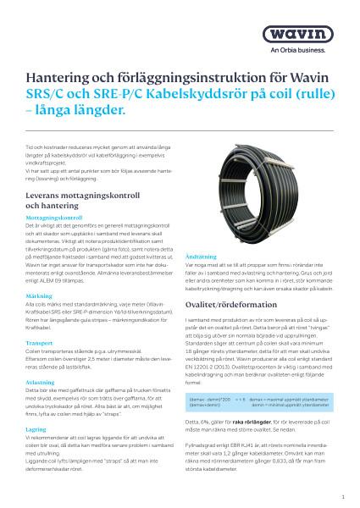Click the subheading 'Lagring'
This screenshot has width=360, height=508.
(x=36, y=429)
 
